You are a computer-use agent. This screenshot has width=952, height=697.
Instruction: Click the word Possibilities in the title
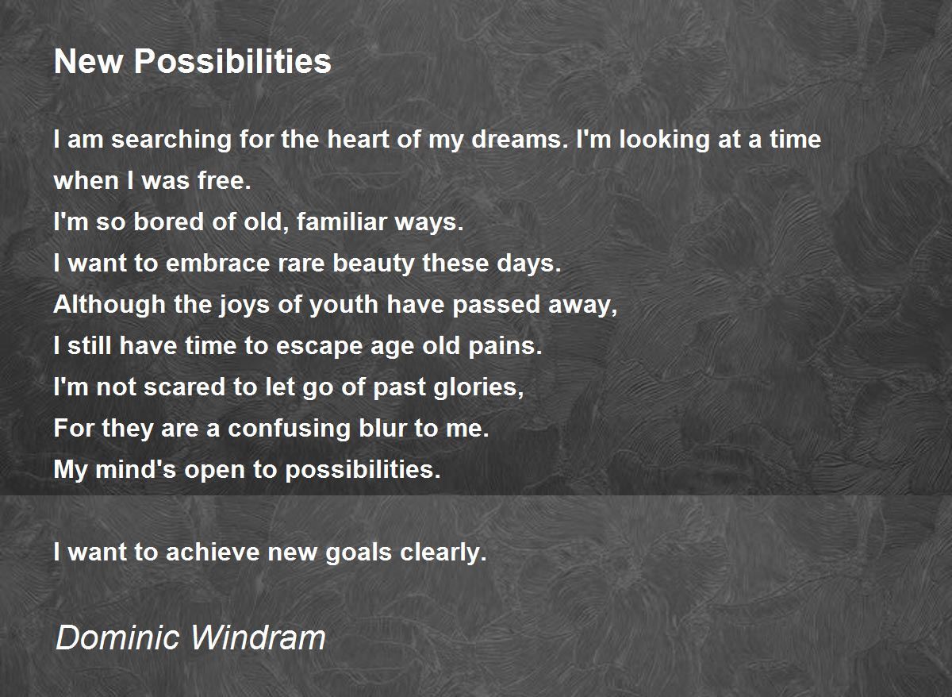[x=232, y=61]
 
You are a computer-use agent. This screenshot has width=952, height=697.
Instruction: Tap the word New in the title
[x=88, y=61]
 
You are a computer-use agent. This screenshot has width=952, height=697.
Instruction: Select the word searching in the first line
[x=171, y=140]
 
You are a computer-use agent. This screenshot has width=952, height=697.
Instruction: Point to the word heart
[x=358, y=139]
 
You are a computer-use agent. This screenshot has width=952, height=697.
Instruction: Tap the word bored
[x=169, y=221]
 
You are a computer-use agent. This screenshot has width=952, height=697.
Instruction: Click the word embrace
[x=217, y=263]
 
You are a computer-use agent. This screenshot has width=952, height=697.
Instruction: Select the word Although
[x=109, y=306]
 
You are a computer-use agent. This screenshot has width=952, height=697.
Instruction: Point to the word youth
[x=344, y=306]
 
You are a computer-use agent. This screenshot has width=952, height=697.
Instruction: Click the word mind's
[x=136, y=469]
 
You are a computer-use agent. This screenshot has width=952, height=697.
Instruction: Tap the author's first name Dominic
[x=117, y=637]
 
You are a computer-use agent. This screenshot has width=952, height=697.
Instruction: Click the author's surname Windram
[x=259, y=637]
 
